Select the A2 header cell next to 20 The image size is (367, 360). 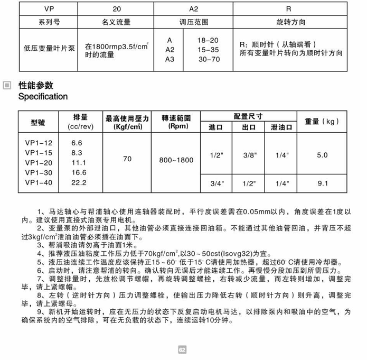tap(193, 9)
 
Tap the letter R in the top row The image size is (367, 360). tap(288, 9)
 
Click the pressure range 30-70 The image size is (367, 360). tap(209, 59)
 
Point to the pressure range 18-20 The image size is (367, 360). tap(208, 40)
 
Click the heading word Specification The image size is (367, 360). tap(43, 97)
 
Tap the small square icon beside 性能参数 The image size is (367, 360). tap(7, 86)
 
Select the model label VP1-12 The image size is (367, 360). tap(39, 143)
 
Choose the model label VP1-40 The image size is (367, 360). tap(39, 183)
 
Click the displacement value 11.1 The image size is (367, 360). tap(78, 163)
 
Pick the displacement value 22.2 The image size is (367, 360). tap(78, 183)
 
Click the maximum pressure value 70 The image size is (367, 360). tap(127, 159)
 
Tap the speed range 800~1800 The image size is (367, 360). tap(176, 160)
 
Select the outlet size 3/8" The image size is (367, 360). tap(249, 155)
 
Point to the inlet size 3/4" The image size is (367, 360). tap(217, 183)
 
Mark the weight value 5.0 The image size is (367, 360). tap(322, 155)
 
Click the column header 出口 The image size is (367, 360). tap(249, 127)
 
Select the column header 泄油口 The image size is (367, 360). tap(281, 127)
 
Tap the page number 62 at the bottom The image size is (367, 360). tap(182, 350)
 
